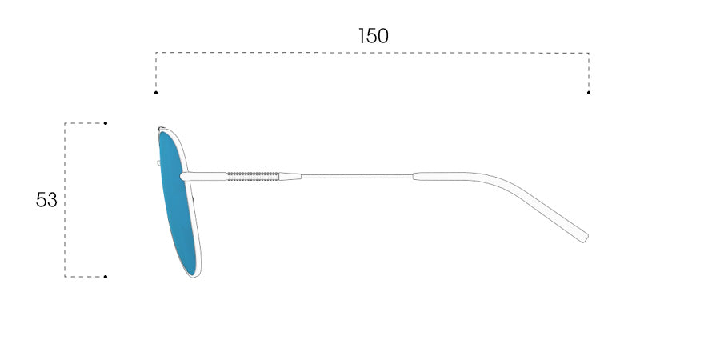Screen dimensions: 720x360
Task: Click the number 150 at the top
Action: [374, 36]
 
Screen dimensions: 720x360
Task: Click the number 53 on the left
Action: [46, 200]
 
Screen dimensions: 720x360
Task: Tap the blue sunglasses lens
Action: [178, 202]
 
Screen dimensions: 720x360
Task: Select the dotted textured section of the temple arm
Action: [253, 176]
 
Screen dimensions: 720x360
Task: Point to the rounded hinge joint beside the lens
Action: [184, 176]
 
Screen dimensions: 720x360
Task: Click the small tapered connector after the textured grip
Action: [290, 176]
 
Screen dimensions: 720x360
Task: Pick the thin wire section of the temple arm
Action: [358, 176]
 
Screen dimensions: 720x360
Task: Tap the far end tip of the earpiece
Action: [586, 238]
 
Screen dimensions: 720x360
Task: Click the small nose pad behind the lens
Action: [158, 163]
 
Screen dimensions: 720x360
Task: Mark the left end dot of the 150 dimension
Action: [156, 93]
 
